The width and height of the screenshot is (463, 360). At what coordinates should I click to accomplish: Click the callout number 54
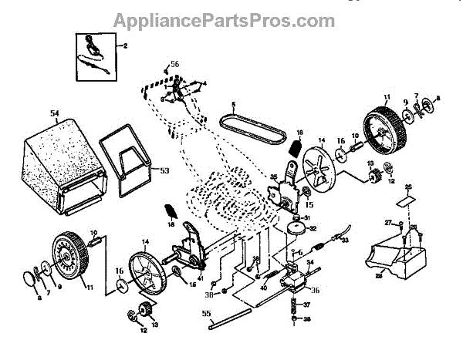(x=54, y=114)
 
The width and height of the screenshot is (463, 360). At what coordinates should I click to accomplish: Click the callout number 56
(x=174, y=64)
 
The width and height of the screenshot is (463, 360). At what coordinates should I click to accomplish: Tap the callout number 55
(x=205, y=314)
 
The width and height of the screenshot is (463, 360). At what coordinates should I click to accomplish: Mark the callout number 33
(x=345, y=241)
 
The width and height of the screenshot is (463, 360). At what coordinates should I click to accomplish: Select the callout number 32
(x=313, y=229)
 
